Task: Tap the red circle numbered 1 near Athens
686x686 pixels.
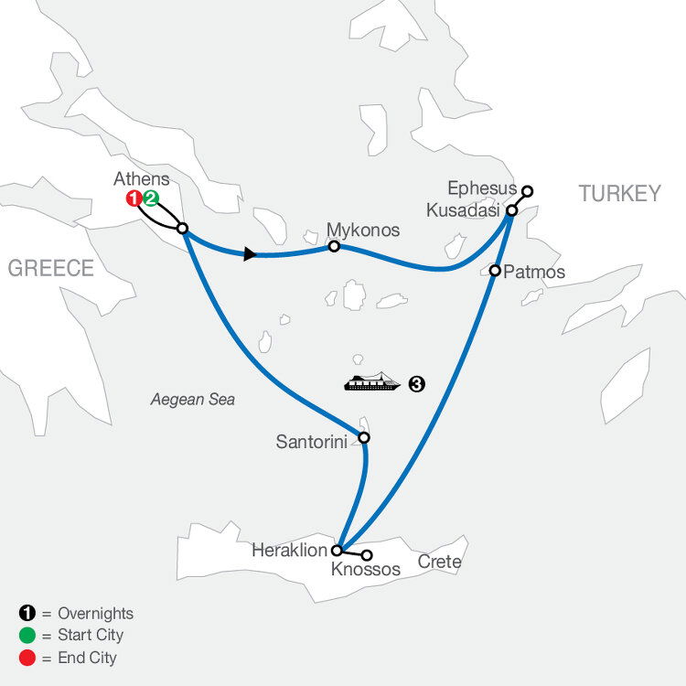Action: [134, 198]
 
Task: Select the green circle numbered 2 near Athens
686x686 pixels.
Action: [151, 198]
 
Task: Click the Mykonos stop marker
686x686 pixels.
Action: [335, 246]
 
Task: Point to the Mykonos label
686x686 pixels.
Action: [364, 230]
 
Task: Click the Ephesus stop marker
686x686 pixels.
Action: [527, 191]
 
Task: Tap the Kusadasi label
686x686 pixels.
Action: [465, 210]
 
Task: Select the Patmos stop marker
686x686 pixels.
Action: [495, 271]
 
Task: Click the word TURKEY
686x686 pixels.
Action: [619, 193]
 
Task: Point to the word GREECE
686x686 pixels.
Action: [51, 268]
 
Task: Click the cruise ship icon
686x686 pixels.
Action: [372, 381]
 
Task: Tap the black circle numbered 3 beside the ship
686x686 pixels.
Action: [417, 384]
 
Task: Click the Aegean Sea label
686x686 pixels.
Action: [193, 399]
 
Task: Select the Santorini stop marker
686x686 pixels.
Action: [364, 438]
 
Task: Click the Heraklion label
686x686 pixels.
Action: [290, 551]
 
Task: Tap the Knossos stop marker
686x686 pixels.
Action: [368, 555]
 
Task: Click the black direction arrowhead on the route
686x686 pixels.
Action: [249, 254]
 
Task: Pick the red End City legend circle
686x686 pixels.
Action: [26, 657]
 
